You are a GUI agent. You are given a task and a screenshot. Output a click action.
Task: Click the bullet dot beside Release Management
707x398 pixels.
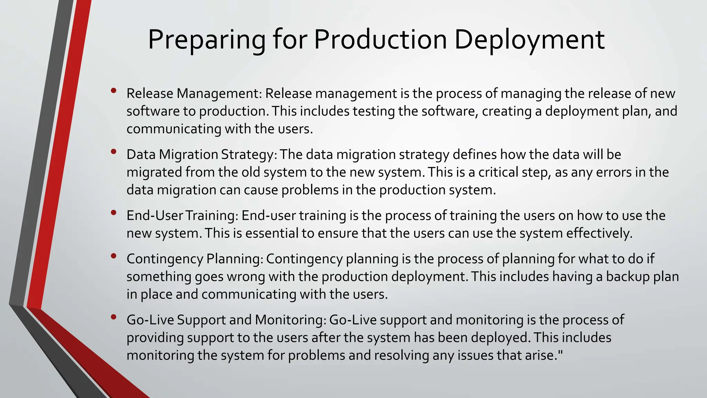pyautogui.click(x=114, y=91)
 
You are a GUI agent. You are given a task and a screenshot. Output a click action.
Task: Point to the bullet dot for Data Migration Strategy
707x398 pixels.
pyautogui.click(x=114, y=152)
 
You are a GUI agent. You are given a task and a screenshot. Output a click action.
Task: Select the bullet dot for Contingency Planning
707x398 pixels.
pyautogui.click(x=114, y=256)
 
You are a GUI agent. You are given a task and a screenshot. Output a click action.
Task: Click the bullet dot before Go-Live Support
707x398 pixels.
pyautogui.click(x=114, y=317)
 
